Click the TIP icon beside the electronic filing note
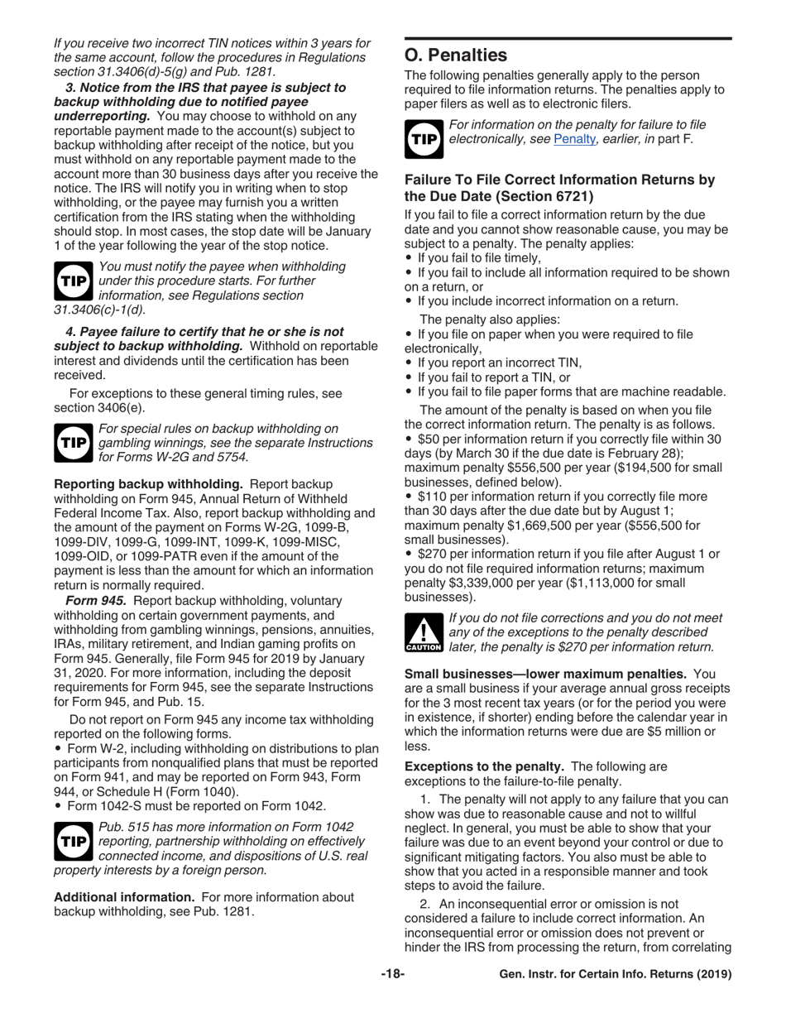point(424,138)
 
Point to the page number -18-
point(392,974)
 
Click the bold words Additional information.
point(123,897)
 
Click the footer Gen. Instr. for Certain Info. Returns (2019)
point(616,974)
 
